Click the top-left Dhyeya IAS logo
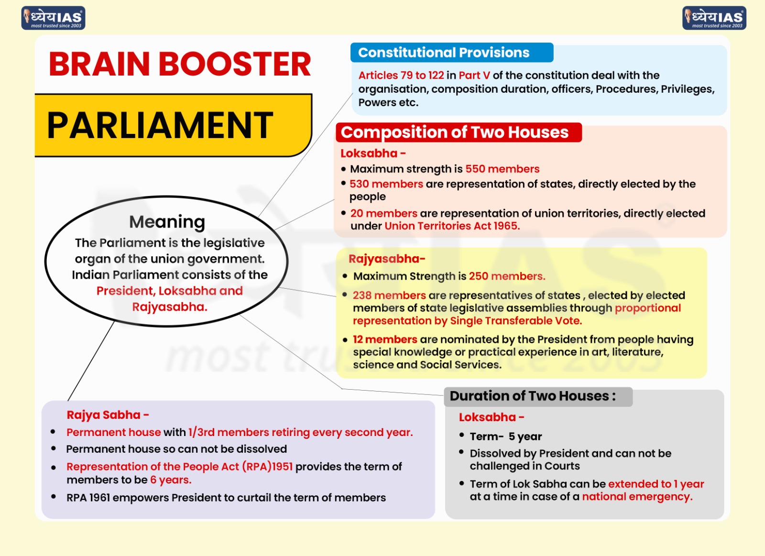(x=53, y=18)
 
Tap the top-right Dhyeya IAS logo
(x=714, y=18)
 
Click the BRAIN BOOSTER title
(x=180, y=64)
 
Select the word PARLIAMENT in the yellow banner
(x=160, y=125)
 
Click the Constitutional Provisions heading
(x=444, y=53)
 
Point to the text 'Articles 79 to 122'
(x=401, y=76)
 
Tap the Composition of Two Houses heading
(x=455, y=132)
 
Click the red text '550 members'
(x=502, y=169)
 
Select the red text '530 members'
(x=386, y=184)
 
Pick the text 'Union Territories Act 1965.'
(x=452, y=226)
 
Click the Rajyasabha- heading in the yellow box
(x=386, y=259)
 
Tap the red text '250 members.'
(x=507, y=276)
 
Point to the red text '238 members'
(x=389, y=295)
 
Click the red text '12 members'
(x=385, y=339)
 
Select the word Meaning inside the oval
(x=167, y=222)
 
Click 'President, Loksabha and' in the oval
(x=169, y=291)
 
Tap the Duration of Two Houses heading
(x=532, y=396)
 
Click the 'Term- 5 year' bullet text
(x=505, y=436)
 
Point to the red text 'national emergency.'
(x=637, y=497)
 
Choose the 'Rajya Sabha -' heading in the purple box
(x=108, y=415)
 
